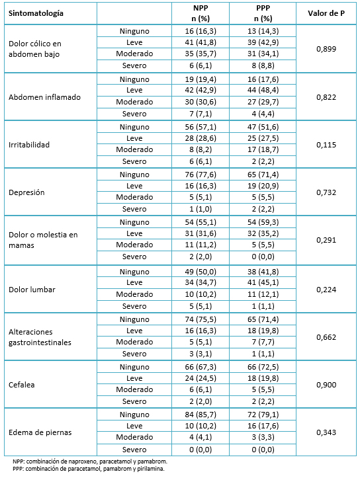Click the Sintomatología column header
[x=36, y=13]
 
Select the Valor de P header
[x=326, y=13]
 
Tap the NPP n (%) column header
[x=201, y=13]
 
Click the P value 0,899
[x=326, y=49]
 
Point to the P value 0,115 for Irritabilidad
[x=326, y=145]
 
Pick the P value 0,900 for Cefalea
[x=326, y=385]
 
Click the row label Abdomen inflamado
[x=44, y=97]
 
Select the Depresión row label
[x=26, y=192]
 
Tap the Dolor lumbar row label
[x=32, y=290]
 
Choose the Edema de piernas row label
[x=40, y=432]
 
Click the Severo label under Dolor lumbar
[x=134, y=306]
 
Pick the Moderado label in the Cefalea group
[x=134, y=389]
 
